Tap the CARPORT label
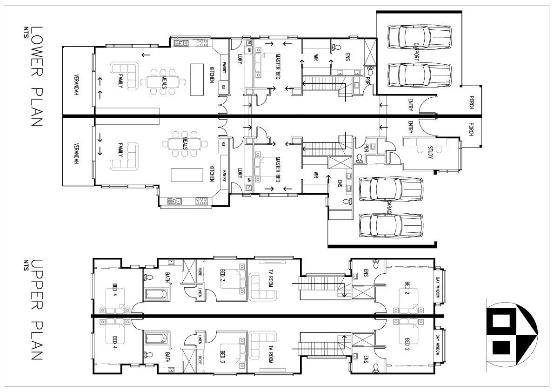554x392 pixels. [x=417, y=51]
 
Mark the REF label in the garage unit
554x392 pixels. [x=224, y=144]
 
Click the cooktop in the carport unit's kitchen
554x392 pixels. [x=202, y=43]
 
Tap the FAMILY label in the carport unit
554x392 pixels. [x=120, y=81]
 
